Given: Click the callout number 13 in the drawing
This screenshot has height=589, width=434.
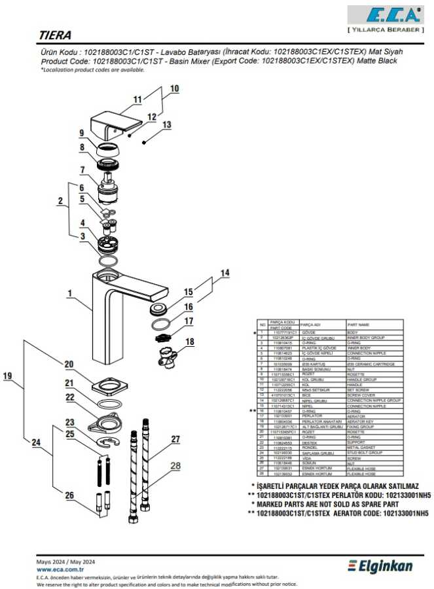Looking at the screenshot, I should coord(166,124).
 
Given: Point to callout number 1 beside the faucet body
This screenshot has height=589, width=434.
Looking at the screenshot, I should coord(69,294).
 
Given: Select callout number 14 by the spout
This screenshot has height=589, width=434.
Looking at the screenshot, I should coord(225,272).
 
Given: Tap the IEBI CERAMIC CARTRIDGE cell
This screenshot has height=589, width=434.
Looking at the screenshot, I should coord(371,364).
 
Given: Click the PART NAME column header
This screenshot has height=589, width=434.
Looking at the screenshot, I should coord(358,324).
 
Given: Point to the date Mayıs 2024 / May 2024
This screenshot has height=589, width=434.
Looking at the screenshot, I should coord(65,562).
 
